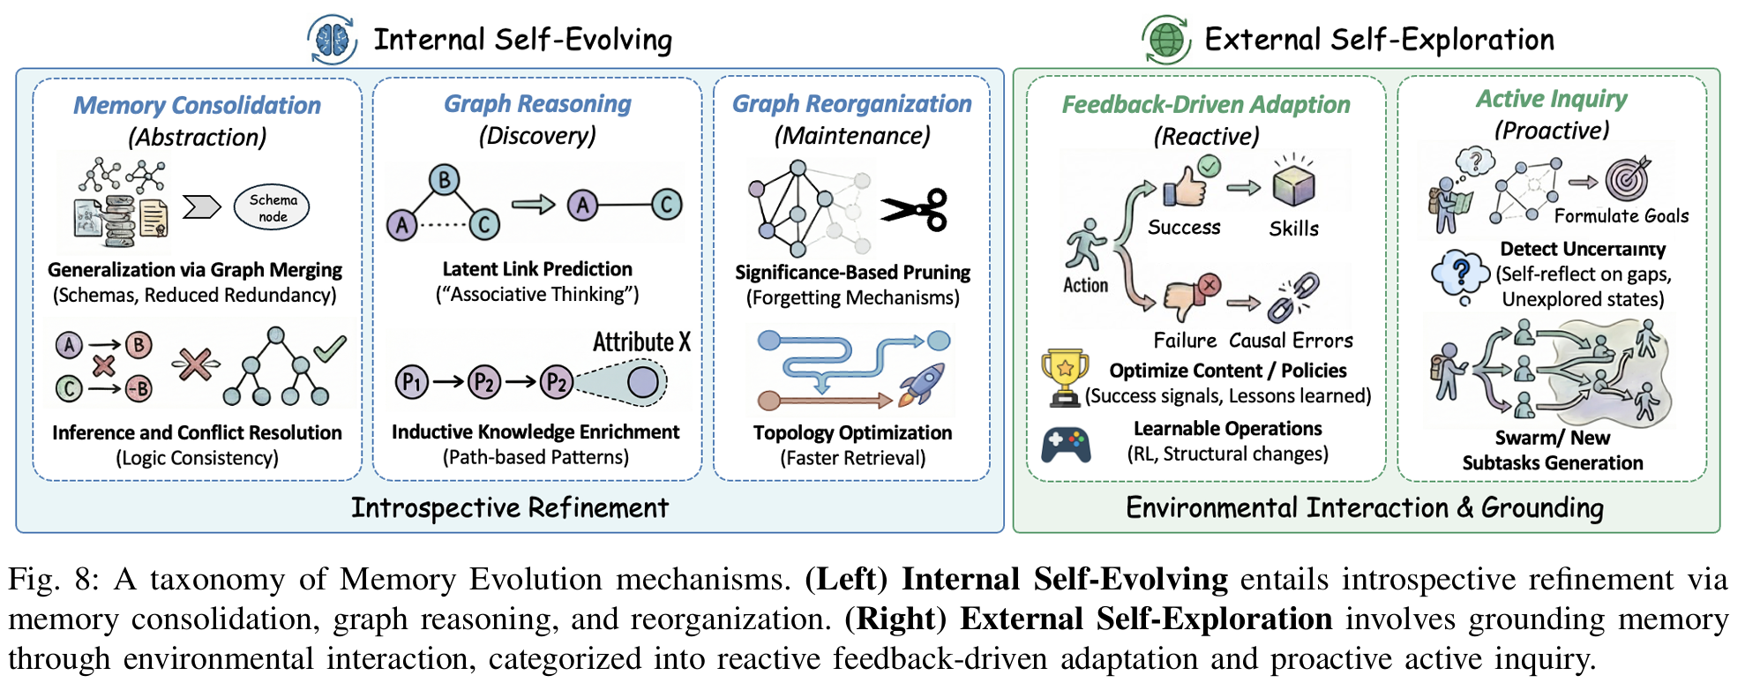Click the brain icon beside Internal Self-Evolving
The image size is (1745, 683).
pyautogui.click(x=333, y=40)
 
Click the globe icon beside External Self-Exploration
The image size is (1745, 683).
pyautogui.click(x=1166, y=40)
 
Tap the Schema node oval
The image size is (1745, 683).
pyautogui.click(x=272, y=207)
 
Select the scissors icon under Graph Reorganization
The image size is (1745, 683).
pyautogui.click(x=914, y=210)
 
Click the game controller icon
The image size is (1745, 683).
pyautogui.click(x=1066, y=445)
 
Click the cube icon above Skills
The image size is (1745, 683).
pyautogui.click(x=1293, y=184)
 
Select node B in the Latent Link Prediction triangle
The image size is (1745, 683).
pyautogui.click(x=444, y=180)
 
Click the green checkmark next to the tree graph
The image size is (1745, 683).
pyautogui.click(x=330, y=348)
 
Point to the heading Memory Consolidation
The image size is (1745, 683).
pyautogui.click(x=197, y=105)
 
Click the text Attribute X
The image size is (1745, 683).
pyautogui.click(x=641, y=341)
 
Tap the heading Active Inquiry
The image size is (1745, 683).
pyautogui.click(x=1552, y=99)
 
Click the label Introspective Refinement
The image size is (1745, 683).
pyautogui.click(x=510, y=507)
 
